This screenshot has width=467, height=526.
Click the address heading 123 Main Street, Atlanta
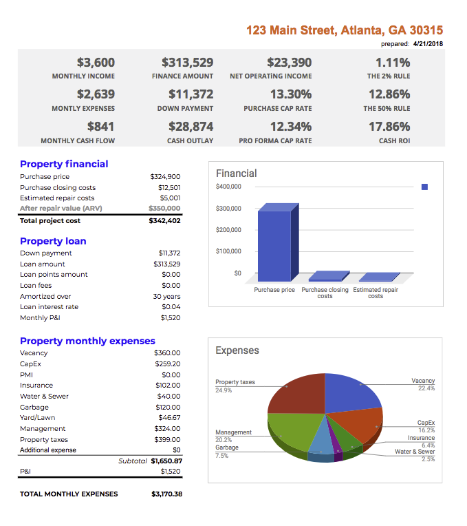(344, 30)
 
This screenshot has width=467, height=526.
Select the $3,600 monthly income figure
(96, 62)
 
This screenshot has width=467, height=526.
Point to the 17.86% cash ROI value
(389, 127)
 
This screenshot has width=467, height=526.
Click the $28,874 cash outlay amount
(191, 127)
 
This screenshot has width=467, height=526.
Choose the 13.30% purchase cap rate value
(290, 94)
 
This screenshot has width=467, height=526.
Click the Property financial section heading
(64, 164)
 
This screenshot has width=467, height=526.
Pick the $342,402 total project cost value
(164, 220)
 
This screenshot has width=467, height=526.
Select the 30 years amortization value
(166, 296)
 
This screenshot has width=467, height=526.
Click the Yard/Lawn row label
(38, 417)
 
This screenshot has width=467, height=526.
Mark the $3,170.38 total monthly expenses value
(166, 494)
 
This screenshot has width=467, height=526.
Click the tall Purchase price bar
(274, 244)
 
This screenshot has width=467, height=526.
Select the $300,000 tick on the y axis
(228, 208)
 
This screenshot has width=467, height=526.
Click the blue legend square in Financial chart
(424, 187)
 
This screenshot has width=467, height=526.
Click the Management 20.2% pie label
(233, 436)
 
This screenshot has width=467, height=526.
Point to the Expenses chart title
(237, 350)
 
